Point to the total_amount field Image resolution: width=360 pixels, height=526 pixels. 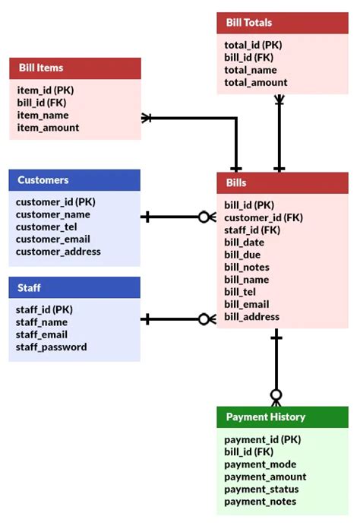(x=256, y=82)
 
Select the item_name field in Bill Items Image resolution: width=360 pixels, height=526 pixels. (x=43, y=116)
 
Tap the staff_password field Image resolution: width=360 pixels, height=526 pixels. (x=51, y=347)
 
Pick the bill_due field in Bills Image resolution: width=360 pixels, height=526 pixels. (x=242, y=255)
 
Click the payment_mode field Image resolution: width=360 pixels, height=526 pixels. (x=261, y=464)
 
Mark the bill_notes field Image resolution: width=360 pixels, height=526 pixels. (x=247, y=267)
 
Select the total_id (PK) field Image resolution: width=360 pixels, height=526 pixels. (x=254, y=45)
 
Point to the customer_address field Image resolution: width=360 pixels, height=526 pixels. (x=58, y=252)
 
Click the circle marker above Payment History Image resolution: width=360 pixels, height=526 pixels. (x=276, y=395)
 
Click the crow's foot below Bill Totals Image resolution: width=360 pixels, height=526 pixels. (x=279, y=100)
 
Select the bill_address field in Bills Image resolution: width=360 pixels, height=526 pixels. (x=251, y=316)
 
